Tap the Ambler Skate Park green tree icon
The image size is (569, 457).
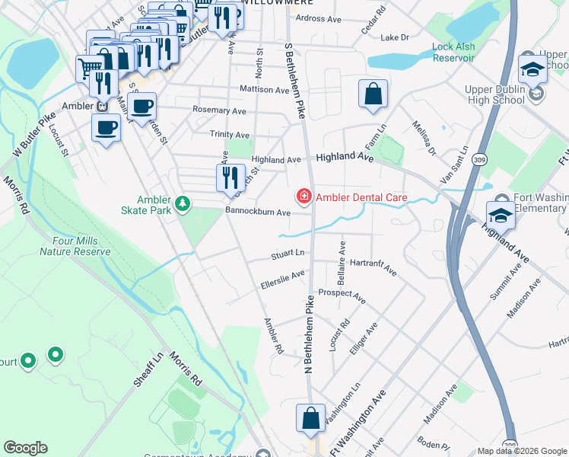183,203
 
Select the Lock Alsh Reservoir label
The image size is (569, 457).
453,52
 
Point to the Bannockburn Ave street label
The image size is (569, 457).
258,212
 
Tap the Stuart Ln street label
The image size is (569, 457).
288,253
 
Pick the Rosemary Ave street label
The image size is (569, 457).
220,110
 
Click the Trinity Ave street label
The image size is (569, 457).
229,134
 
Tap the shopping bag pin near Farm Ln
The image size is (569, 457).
374,95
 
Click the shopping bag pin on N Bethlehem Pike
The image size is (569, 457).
310,418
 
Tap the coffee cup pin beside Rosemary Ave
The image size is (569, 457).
141,107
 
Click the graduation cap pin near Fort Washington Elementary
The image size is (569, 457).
501,216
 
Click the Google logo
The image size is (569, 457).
25,448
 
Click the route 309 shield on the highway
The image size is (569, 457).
479,158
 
